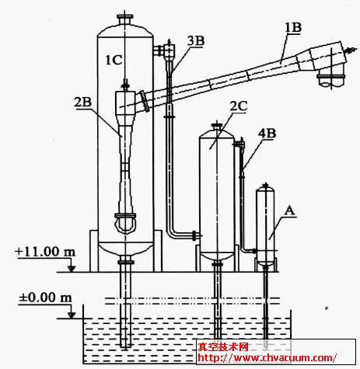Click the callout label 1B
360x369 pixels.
tap(293, 27)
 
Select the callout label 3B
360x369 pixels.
tap(196, 41)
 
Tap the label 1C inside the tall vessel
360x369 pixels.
tap(114, 60)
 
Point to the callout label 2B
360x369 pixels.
tap(83, 103)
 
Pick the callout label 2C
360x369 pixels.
tap(239, 106)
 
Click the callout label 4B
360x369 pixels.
tap(267, 134)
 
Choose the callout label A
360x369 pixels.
tap(289, 211)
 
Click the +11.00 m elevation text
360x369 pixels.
tap(45, 252)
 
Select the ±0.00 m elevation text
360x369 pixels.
tap(45, 298)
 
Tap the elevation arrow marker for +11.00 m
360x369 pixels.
tap(72, 269)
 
